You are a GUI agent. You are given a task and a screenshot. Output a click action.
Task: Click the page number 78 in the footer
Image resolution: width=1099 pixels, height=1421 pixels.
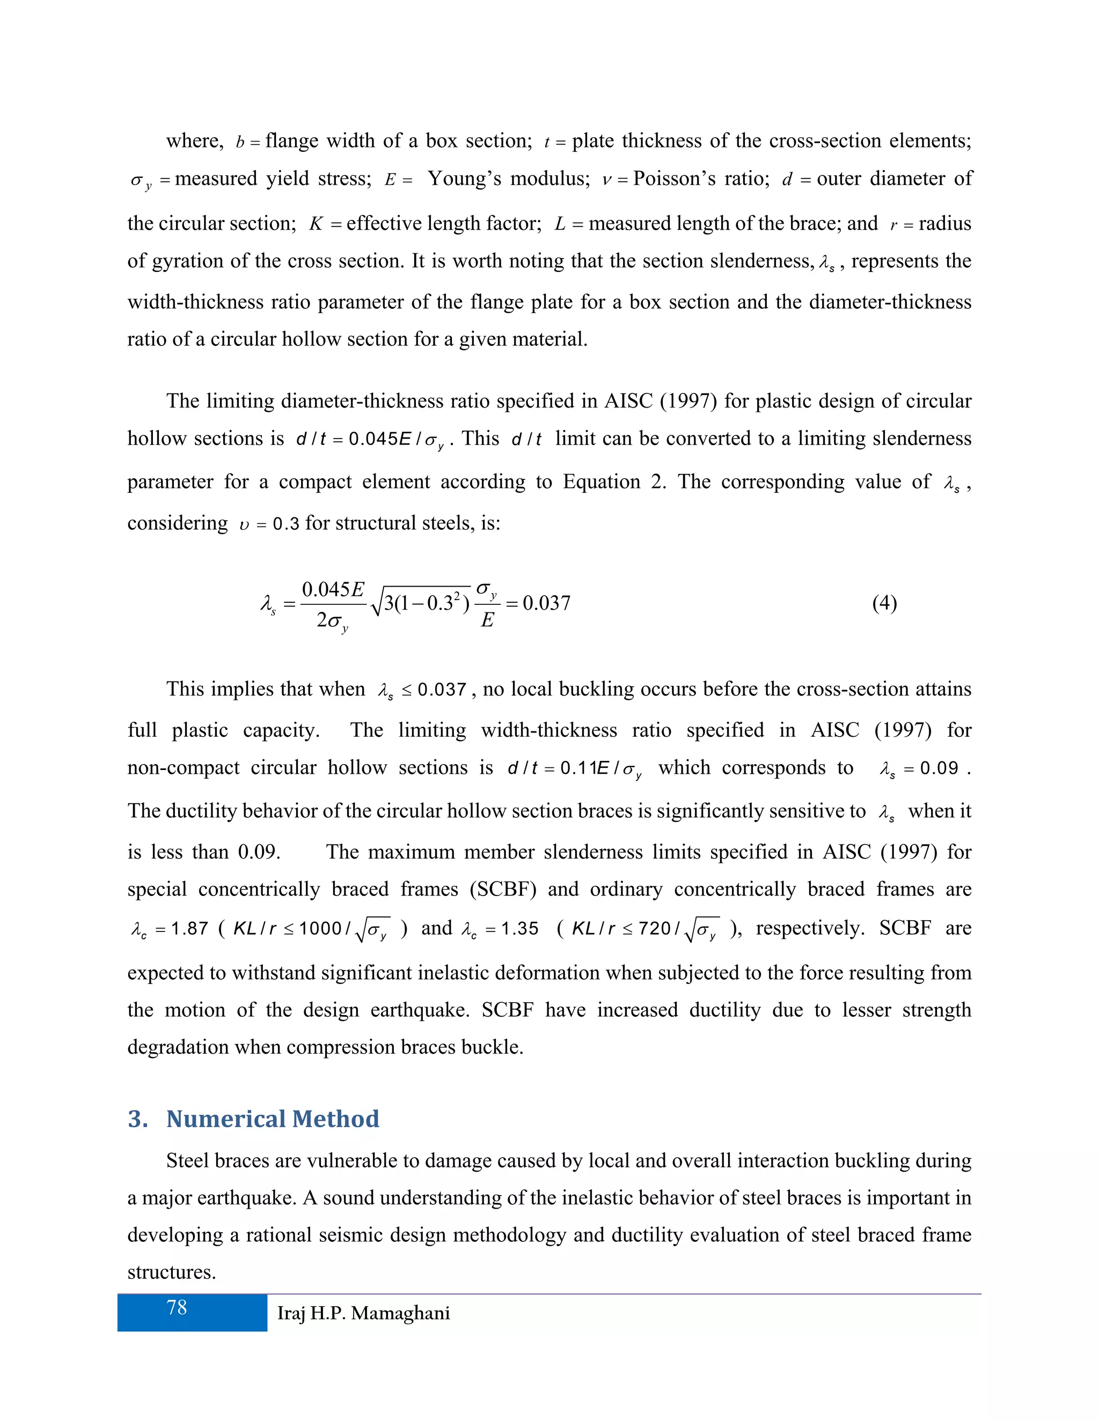[177, 1308]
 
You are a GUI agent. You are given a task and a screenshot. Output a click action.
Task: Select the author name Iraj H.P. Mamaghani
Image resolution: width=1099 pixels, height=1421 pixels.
[363, 1313]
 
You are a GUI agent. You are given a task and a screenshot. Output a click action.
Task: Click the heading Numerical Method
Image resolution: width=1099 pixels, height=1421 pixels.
[272, 1119]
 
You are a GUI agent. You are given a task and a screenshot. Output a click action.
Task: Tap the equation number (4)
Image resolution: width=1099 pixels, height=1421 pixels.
[884, 603]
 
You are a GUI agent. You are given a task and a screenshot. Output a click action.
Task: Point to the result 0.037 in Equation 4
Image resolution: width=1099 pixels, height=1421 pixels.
[546, 603]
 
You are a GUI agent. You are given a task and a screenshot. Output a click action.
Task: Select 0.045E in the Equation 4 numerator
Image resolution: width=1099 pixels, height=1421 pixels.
[333, 589]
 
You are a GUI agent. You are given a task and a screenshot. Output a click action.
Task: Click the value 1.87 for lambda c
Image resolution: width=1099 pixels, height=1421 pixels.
[189, 928]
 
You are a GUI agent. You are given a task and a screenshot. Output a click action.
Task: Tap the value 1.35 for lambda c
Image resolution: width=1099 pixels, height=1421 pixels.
[519, 928]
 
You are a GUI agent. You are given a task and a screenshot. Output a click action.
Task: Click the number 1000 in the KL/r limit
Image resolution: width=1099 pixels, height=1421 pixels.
[320, 928]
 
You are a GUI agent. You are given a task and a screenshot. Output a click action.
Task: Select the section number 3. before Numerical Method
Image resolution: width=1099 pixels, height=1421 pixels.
[137, 1119]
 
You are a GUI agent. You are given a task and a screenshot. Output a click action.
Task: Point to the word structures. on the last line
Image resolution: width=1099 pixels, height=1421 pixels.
[171, 1271]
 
